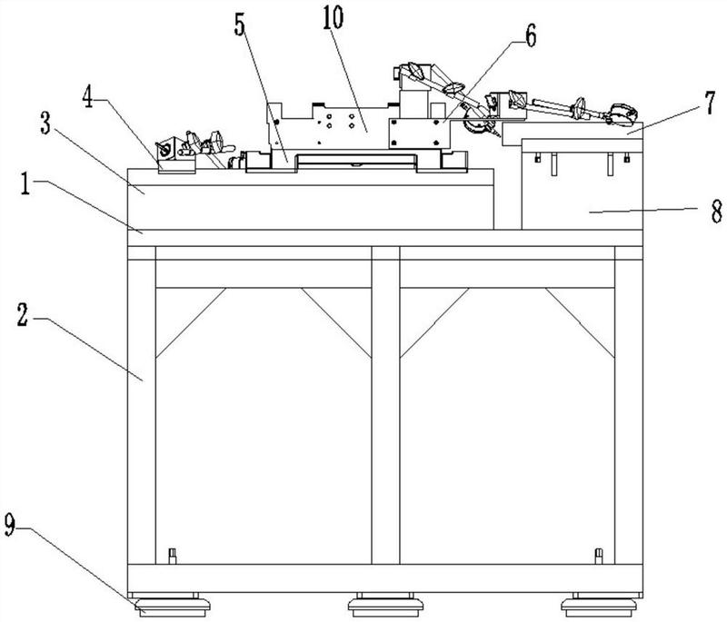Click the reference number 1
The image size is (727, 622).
[25, 183]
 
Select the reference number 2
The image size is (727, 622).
[23, 314]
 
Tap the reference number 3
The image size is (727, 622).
[45, 123]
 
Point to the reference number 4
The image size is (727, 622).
[89, 98]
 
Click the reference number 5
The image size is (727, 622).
[239, 25]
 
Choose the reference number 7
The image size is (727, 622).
[711, 104]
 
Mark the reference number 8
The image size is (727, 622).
[717, 211]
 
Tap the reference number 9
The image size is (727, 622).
[10, 525]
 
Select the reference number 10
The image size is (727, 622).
[333, 17]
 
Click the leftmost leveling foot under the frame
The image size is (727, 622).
[172, 606]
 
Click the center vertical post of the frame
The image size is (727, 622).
[385, 405]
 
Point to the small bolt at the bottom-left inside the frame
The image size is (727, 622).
[173, 556]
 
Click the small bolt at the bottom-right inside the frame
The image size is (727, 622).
[599, 556]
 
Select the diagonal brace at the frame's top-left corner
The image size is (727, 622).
[191, 323]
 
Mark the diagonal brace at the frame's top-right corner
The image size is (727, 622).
[580, 323]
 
